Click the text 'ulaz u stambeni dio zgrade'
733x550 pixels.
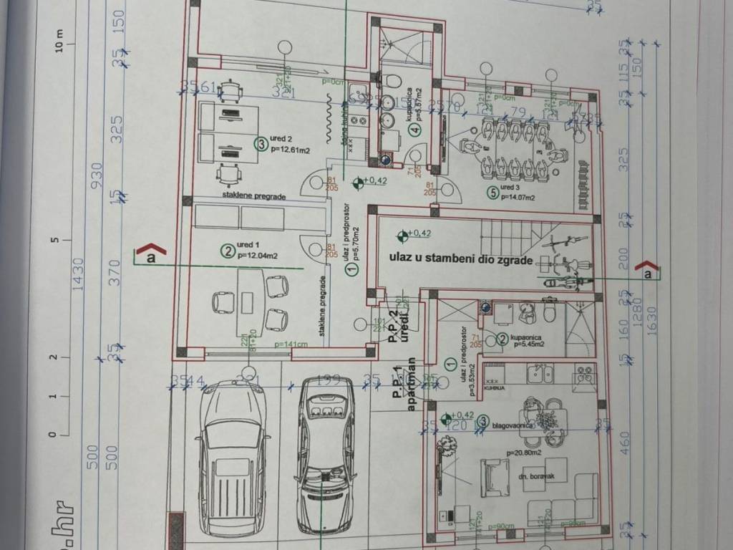click(x=461, y=259)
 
